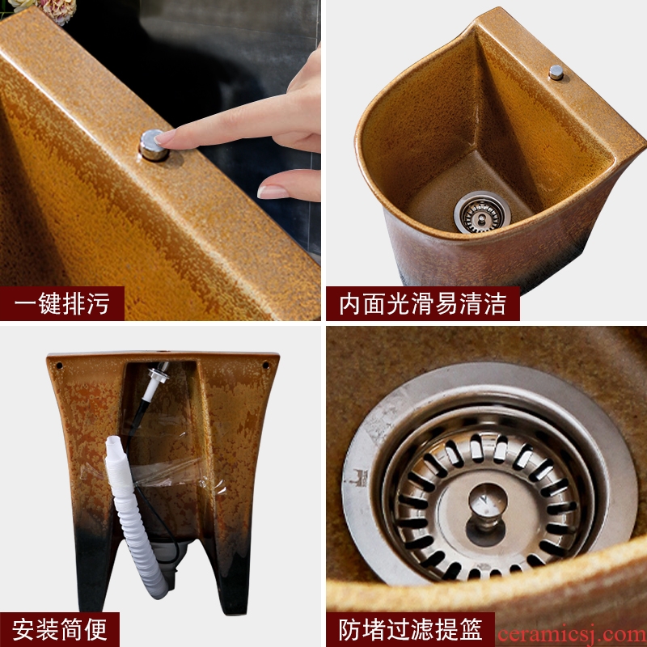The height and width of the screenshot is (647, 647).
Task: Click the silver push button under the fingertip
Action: click(153, 146)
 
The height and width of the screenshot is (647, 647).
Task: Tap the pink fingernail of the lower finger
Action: click(272, 192)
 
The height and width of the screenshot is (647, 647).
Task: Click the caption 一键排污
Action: click(62, 304)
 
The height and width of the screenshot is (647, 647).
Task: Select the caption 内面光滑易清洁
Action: click(422, 304)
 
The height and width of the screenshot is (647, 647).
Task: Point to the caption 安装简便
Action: click(60, 630)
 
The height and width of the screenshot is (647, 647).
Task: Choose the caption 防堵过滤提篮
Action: click(411, 630)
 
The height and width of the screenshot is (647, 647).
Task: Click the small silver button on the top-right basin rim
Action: click(556, 73)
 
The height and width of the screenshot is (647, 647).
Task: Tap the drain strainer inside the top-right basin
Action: click(482, 213)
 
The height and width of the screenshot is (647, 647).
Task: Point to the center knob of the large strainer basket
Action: click(488, 506)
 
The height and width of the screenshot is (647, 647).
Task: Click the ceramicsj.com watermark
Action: click(572, 635)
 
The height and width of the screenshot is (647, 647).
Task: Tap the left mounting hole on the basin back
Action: click(59, 366)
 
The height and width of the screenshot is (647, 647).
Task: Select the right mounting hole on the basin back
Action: click(265, 366)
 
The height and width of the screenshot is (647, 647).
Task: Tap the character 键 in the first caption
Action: click(50, 304)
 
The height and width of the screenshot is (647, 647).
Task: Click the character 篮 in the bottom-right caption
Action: click(471, 630)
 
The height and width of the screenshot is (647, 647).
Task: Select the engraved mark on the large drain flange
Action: click(358, 479)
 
